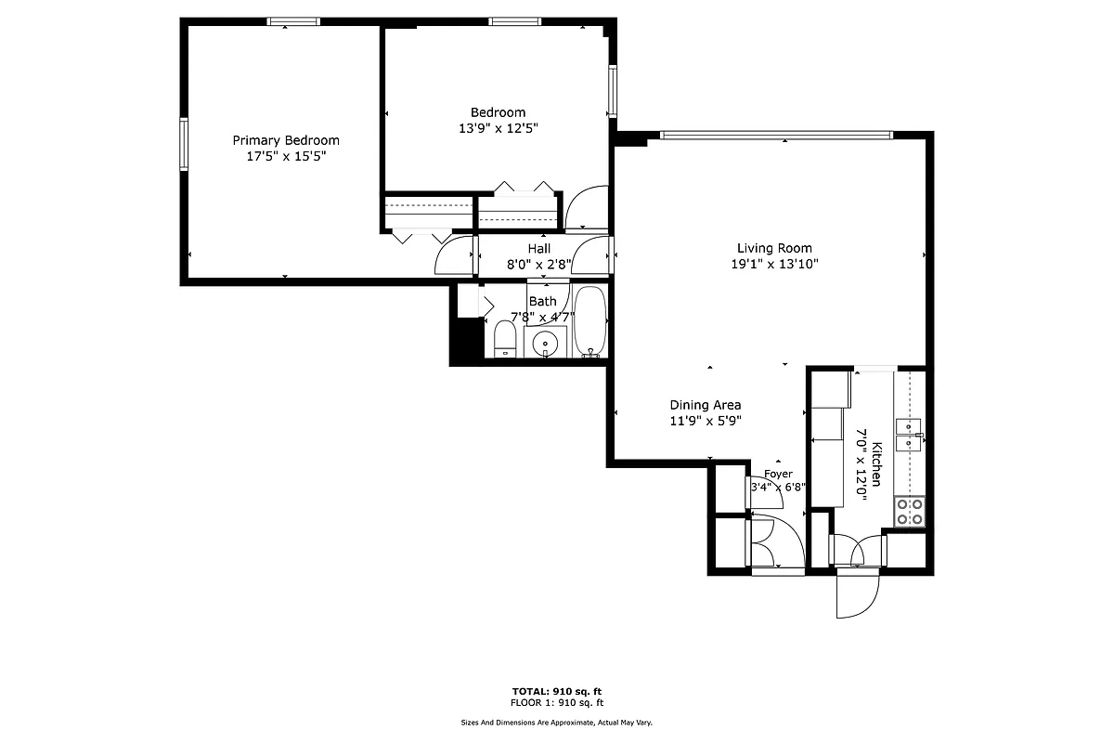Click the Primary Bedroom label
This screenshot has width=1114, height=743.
[x=285, y=140]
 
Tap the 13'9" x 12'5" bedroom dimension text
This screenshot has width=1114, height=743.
[x=498, y=128]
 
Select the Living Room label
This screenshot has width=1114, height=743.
[x=774, y=248]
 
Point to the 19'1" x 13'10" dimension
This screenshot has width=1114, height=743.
[x=774, y=264]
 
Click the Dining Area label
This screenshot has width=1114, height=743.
[x=706, y=405]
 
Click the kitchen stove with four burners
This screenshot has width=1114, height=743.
[x=909, y=512]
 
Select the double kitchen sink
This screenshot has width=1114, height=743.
[x=909, y=433]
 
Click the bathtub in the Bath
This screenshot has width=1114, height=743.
[x=589, y=321]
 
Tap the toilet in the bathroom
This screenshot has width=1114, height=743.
[x=504, y=338]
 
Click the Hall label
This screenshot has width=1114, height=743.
[x=538, y=249]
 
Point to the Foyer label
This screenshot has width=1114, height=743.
[x=778, y=474]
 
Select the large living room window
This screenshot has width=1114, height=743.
[x=776, y=136]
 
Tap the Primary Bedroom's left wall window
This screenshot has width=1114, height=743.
[x=184, y=145]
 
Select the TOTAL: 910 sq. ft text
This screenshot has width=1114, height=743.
[x=557, y=692]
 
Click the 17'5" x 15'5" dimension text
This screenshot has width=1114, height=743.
[x=285, y=157]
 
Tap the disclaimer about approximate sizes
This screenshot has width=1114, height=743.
[x=557, y=723]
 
